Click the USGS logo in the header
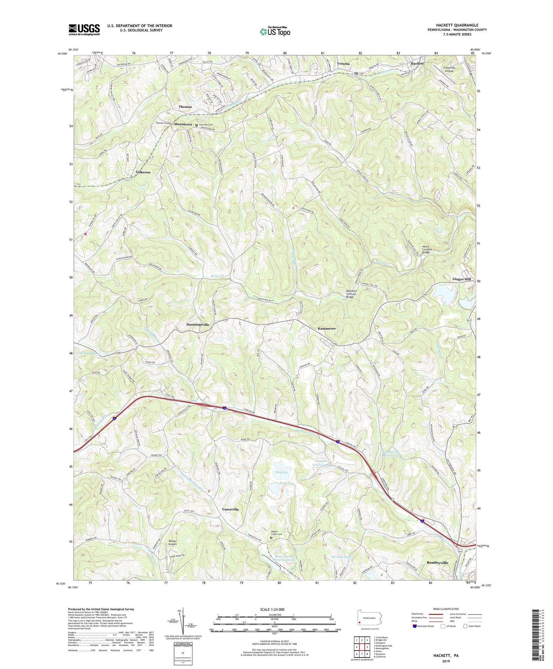pos(84,30)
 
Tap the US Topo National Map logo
pos(275,31)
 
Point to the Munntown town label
pos(183,125)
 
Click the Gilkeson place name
pos(143,172)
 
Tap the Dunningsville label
pos(198,325)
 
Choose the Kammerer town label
pos(327,329)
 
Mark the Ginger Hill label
pos(462,279)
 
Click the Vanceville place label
pos(230,509)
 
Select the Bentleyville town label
pos(437,562)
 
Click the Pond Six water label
pos(281,472)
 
